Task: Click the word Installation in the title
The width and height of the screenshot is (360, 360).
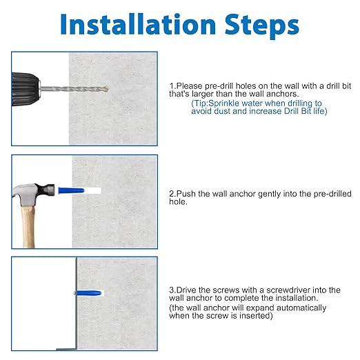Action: (138, 24)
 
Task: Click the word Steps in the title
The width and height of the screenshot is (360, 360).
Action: (261, 26)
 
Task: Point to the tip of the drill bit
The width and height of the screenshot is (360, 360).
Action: (108, 89)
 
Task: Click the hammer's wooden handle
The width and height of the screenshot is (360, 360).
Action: (28, 226)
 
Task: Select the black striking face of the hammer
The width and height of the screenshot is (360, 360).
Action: (51, 190)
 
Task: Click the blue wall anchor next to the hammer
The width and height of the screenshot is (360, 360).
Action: (71, 190)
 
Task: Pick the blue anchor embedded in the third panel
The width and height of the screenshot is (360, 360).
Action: (89, 293)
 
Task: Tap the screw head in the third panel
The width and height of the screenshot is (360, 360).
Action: (74, 293)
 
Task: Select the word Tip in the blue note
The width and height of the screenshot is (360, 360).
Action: (201, 103)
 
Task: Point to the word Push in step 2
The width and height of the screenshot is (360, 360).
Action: (186, 194)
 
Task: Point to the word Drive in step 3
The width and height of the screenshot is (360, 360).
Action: (186, 290)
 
